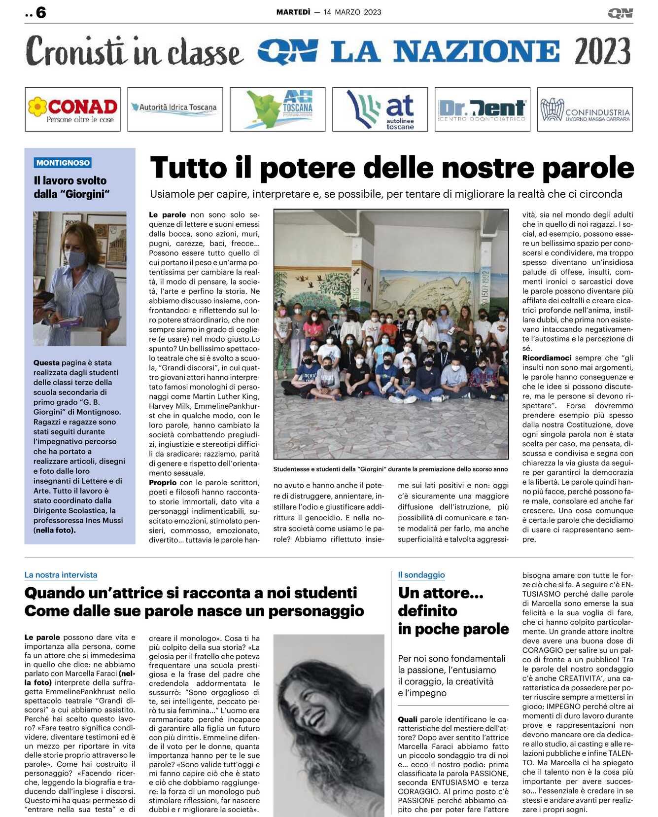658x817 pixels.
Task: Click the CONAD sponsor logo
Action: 72,109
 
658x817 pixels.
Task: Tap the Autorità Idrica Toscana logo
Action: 175,109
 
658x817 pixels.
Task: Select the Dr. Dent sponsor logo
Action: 482,109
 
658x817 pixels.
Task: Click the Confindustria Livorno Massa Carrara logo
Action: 585,109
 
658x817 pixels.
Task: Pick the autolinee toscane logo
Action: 380,109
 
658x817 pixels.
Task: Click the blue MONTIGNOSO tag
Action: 63,163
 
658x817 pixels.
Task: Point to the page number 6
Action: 41,12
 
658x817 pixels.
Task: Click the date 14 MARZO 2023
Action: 352,12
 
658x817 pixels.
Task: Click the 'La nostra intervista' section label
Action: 61,575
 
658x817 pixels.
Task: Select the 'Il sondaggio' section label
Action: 421,575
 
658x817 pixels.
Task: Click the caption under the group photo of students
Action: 390,469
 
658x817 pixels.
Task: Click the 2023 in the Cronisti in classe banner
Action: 602,51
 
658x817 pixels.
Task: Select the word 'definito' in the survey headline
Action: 427,611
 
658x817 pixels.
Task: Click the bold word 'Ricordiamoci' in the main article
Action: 547,358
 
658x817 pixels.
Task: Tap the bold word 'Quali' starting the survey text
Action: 408,719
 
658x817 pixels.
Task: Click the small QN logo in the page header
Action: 620,13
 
